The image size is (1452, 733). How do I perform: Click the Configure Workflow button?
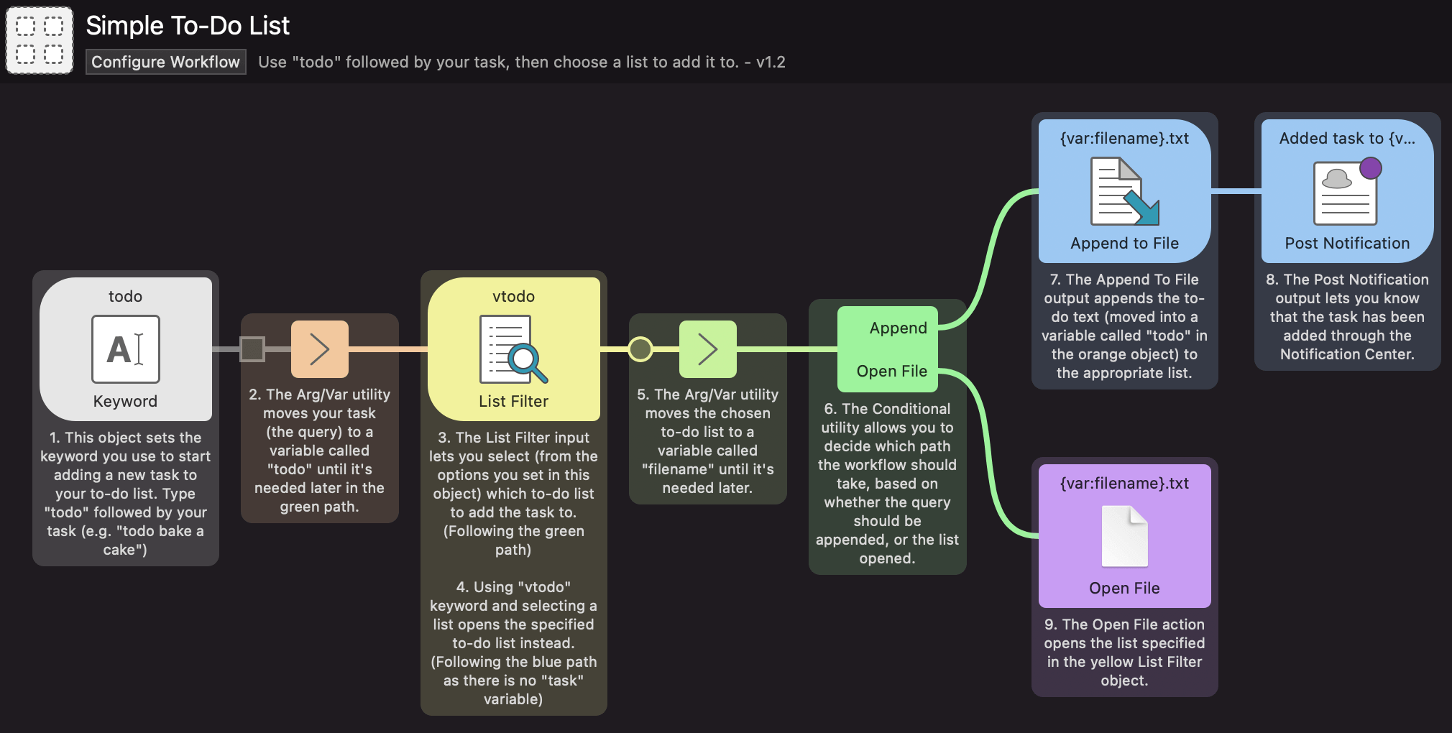[165, 62]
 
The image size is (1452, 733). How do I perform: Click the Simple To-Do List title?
[188, 26]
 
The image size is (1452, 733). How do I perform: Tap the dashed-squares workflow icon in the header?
[40, 40]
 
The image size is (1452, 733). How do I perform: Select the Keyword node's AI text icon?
[126, 349]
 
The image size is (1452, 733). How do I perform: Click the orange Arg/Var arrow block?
[319, 349]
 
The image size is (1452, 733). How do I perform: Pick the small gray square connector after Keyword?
[252, 349]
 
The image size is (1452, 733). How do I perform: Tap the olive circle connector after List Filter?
[640, 349]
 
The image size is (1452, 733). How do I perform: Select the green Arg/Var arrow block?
[707, 349]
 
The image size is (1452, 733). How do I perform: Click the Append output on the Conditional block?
[898, 328]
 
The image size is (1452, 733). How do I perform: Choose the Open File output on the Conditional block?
[891, 372]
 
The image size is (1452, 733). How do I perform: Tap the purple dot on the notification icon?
[1371, 168]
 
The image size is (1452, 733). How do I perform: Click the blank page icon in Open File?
[1124, 536]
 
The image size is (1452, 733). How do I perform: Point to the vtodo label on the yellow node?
[513, 297]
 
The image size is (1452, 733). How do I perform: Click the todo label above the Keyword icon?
[125, 297]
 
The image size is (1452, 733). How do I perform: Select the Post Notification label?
[1347, 244]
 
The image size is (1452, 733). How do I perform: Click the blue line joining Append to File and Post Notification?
[1236, 191]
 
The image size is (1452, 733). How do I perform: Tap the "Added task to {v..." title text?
[1347, 139]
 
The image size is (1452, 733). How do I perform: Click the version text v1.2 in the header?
[771, 63]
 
